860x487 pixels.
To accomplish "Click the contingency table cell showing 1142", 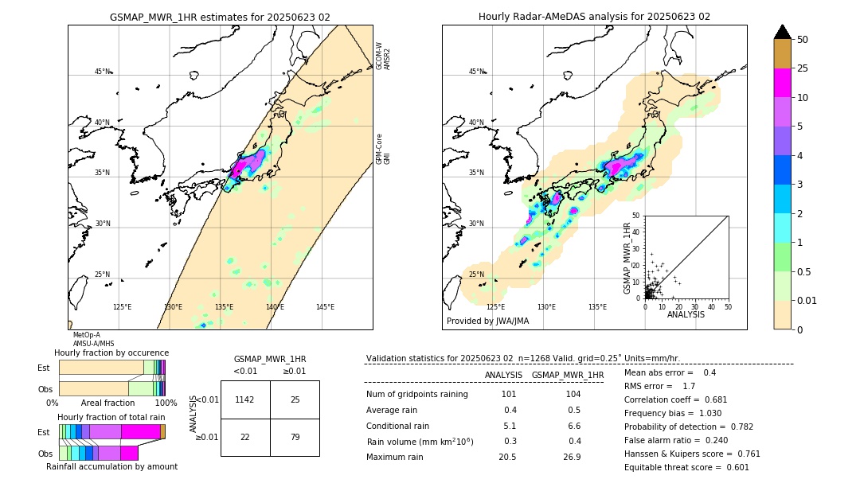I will click(x=245, y=399).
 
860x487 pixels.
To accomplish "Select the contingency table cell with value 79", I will click(x=295, y=437).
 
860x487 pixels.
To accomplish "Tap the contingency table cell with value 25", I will click(x=295, y=399).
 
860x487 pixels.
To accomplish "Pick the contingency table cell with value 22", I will click(x=245, y=437).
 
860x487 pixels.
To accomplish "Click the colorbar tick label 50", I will click(x=803, y=39).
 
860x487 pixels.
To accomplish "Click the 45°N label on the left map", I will click(x=102, y=72).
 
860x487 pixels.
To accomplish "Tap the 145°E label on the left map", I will click(x=325, y=307).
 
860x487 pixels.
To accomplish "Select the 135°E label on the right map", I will click(x=597, y=307).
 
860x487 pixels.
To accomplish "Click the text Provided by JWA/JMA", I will click(x=487, y=321).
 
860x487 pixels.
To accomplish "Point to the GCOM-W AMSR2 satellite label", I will click(x=383, y=56).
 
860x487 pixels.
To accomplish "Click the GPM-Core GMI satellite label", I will click(x=383, y=149).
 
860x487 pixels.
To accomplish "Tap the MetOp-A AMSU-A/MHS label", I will click(x=88, y=340).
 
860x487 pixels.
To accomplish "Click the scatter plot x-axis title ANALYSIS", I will click(x=686, y=314).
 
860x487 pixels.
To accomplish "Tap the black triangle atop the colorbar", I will click(x=783, y=32).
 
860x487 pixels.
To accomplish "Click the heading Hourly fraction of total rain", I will click(x=111, y=417).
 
